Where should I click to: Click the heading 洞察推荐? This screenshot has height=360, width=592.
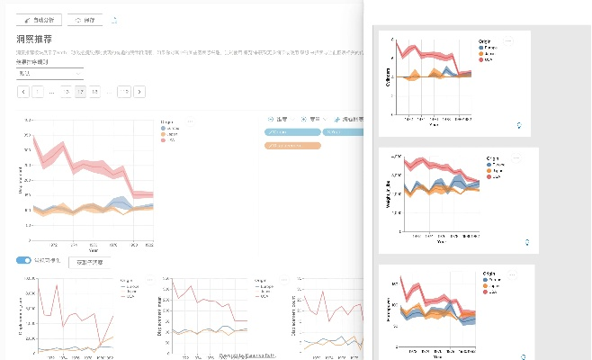35,39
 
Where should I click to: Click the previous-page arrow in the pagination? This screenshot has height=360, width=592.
22,92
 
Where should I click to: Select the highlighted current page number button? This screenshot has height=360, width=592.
81,92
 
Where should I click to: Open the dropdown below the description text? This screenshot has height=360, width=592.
49,74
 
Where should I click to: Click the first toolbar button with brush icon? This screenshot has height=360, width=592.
40,19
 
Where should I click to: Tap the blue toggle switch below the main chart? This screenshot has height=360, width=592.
23,260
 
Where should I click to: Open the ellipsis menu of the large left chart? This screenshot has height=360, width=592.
189,120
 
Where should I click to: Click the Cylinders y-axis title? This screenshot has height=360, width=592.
388,76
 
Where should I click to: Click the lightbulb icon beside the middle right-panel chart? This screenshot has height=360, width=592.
528,241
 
